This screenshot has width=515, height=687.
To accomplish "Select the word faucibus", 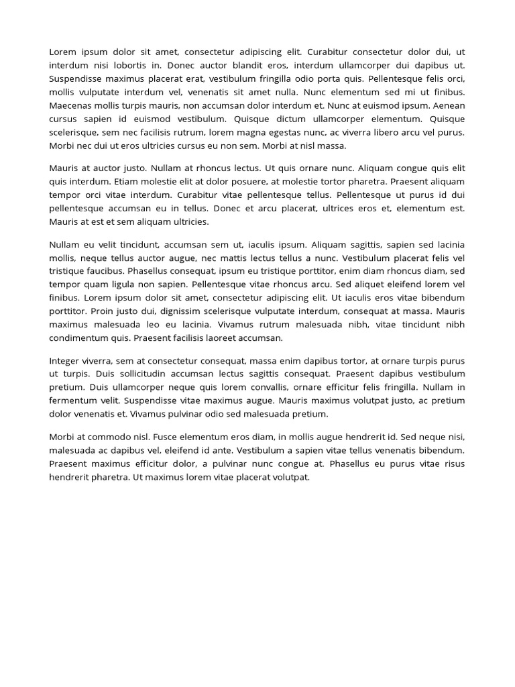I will coord(105,270).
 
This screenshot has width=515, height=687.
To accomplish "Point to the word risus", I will coord(453,464).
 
